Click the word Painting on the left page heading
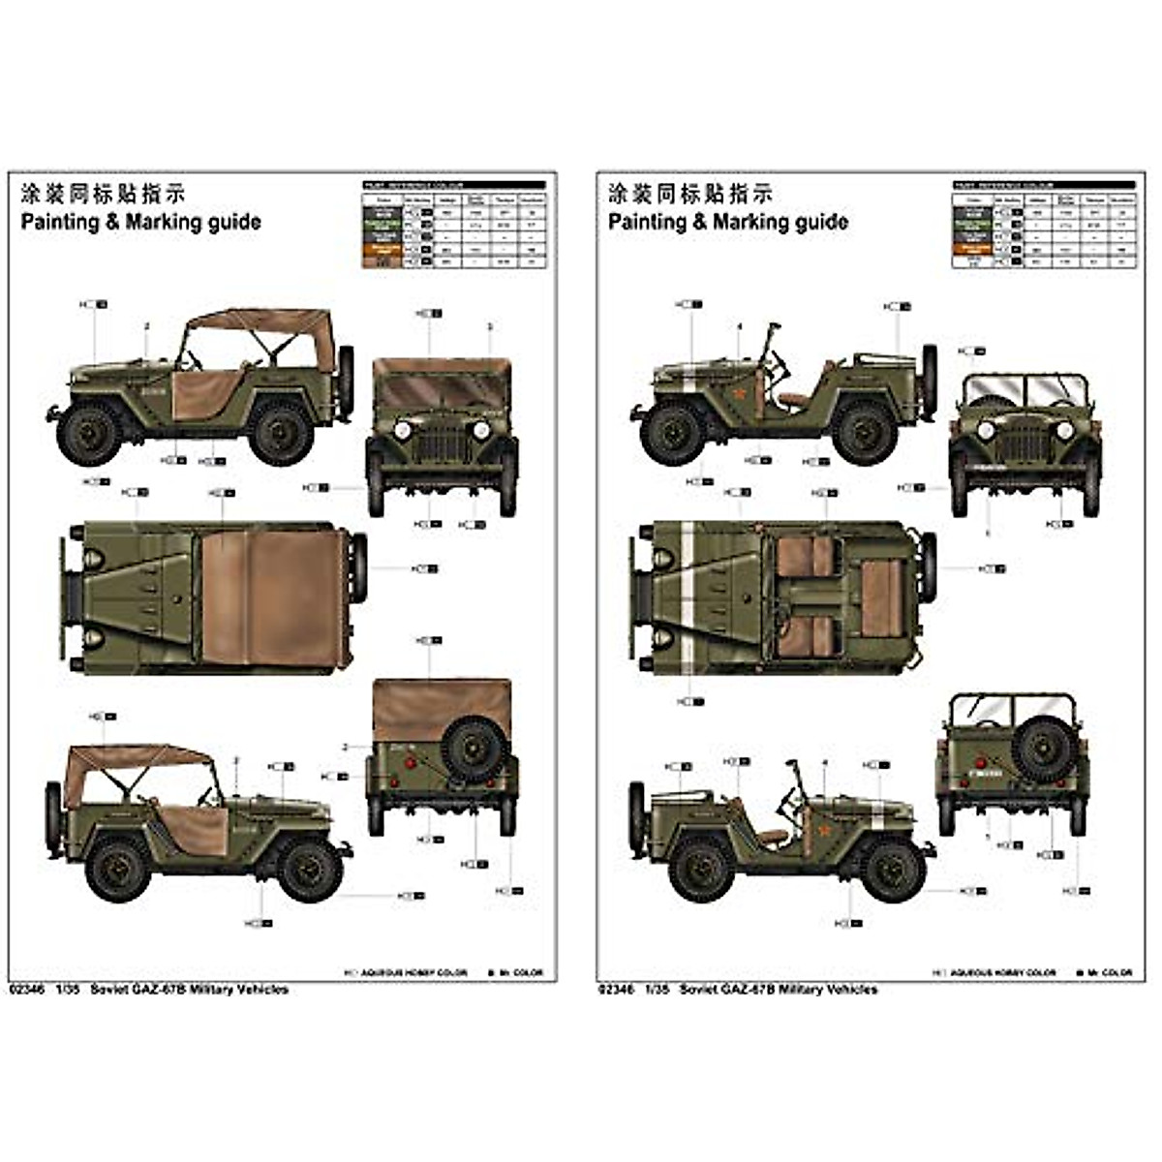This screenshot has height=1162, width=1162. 60,222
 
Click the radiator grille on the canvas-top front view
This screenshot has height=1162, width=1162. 442,443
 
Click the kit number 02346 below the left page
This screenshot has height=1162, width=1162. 25,990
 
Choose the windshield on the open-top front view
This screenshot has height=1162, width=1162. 1024,393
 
